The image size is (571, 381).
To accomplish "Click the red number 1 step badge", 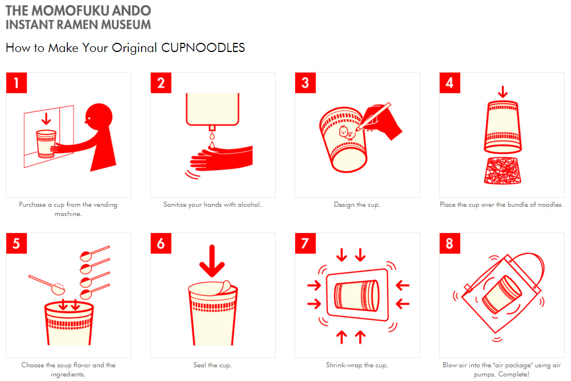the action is click(x=17, y=83).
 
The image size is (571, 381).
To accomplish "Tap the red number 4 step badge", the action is click(x=450, y=83).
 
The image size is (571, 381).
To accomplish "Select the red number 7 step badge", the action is click(x=305, y=243).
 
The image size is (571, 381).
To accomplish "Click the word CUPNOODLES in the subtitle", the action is click(x=203, y=48).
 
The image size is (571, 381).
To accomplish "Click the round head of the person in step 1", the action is click(x=98, y=117).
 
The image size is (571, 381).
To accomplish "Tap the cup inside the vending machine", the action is click(x=46, y=144).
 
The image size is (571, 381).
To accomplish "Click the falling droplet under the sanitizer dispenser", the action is click(x=212, y=136).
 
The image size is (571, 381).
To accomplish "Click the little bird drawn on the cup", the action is click(x=345, y=132).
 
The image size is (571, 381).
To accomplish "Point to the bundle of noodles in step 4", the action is click(x=502, y=170).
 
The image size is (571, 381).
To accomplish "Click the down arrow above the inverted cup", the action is click(x=503, y=92).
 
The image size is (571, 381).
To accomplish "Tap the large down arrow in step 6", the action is click(x=212, y=261).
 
